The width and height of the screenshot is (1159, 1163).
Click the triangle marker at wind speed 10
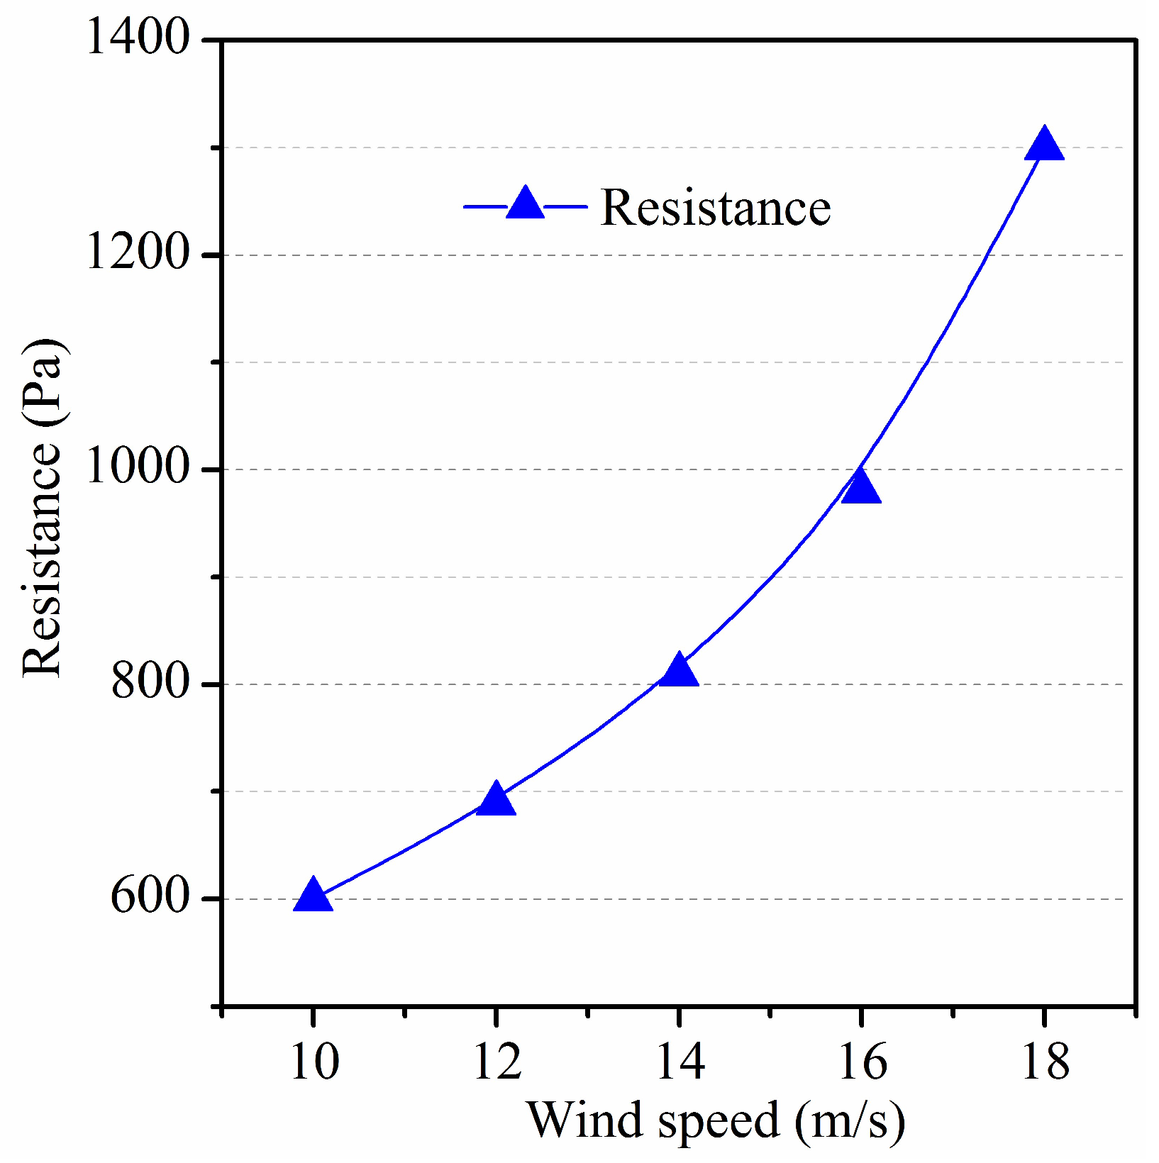point(313,895)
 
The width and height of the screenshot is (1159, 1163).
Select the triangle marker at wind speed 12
point(496,800)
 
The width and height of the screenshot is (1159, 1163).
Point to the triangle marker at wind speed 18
point(1044,146)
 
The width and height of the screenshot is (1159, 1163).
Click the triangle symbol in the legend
point(525,204)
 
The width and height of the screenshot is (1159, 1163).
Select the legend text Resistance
point(715,208)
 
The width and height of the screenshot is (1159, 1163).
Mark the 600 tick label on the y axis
point(151,897)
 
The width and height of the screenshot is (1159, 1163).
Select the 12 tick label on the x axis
point(497,1062)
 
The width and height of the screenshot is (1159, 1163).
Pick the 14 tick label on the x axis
point(680,1062)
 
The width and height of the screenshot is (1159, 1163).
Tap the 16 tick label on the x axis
point(862,1062)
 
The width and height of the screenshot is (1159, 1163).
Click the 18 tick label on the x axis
point(1044,1062)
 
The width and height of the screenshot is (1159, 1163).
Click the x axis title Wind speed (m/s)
point(715,1122)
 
